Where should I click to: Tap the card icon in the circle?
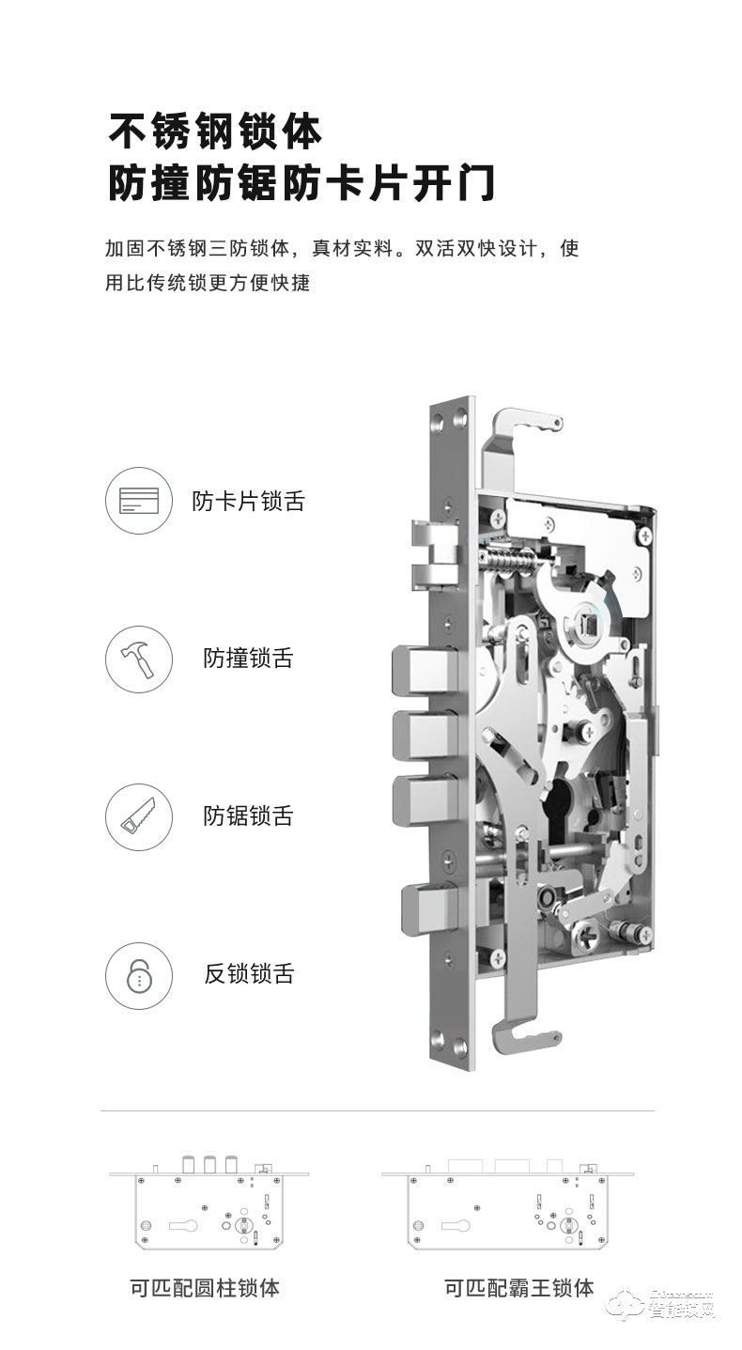pos(139,500)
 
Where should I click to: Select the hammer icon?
pos(139,659)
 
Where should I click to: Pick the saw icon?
pos(139,816)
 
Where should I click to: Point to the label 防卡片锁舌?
pos(248,501)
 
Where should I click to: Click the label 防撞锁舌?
pos(248,659)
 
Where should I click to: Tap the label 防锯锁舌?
pos(248,816)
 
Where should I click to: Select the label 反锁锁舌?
pos(248,974)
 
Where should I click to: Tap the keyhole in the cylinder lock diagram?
pos(184,1225)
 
